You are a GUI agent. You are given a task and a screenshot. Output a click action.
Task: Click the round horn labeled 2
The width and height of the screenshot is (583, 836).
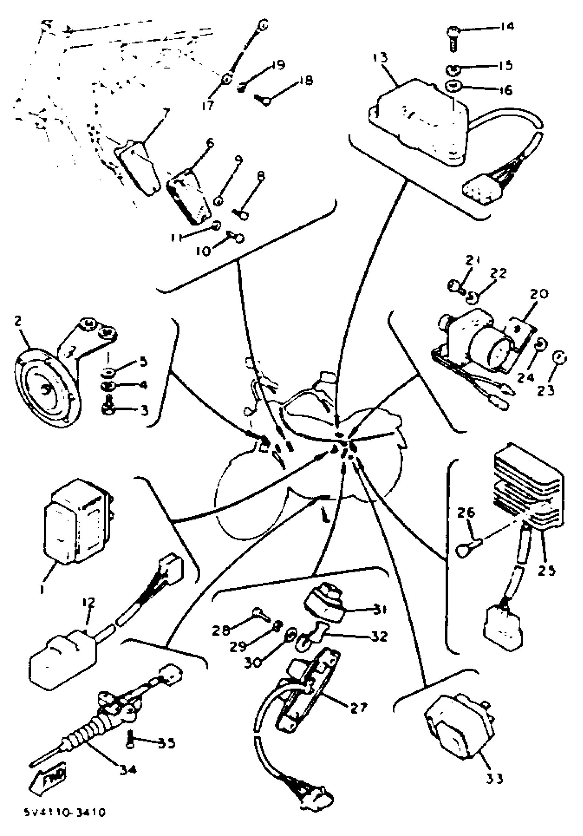click(x=47, y=388)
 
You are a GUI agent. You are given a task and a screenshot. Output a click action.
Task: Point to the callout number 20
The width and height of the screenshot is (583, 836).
click(x=538, y=294)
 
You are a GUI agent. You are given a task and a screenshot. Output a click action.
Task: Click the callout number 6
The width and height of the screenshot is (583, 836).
click(x=210, y=143)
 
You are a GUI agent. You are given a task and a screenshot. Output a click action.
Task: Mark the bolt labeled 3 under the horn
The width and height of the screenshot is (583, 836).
click(x=106, y=410)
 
